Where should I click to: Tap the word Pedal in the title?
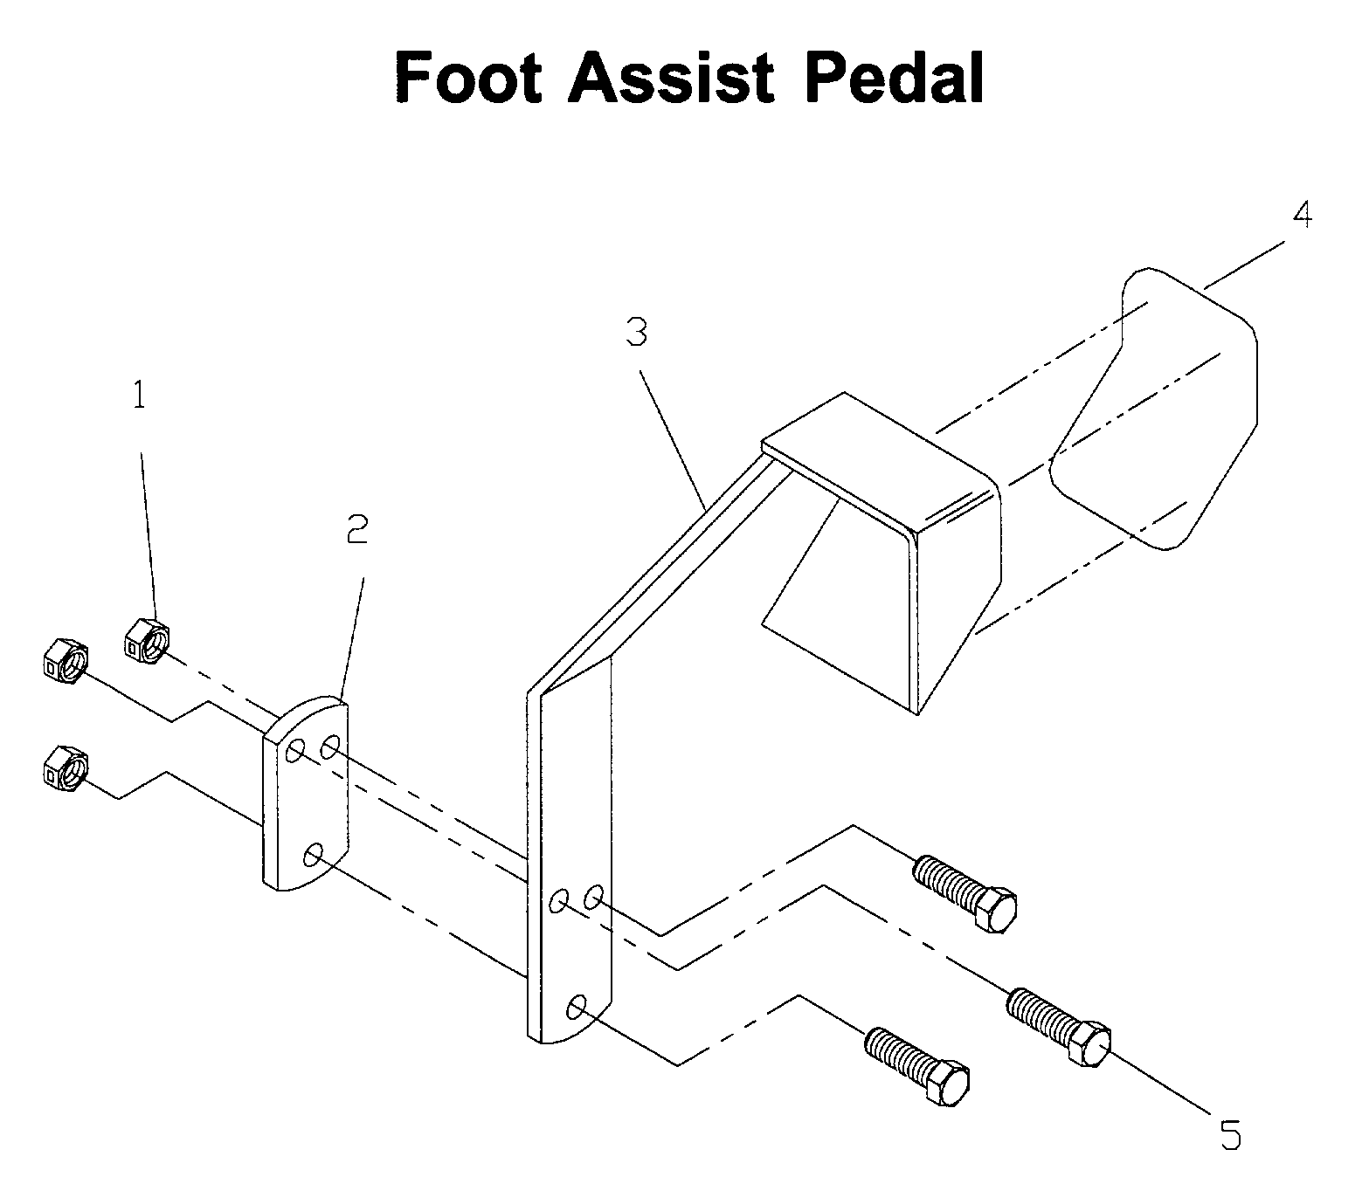click(894, 78)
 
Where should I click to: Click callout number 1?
click(139, 396)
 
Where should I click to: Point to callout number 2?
click(357, 529)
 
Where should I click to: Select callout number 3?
click(637, 332)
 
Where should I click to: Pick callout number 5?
click(1231, 1134)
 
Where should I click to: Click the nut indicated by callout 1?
click(147, 641)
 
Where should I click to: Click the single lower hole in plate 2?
click(313, 855)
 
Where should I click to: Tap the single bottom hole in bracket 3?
click(577, 1007)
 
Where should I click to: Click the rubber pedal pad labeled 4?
click(1154, 409)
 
